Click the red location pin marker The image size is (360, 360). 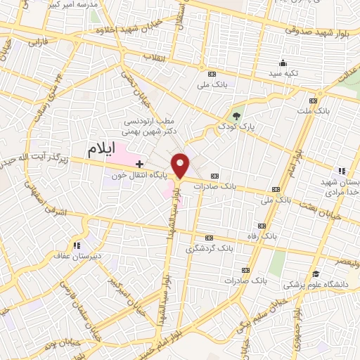181,166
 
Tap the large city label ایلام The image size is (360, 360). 103,149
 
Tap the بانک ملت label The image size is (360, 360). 313,111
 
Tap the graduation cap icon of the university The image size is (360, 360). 316,274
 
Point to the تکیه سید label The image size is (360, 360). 283,73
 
